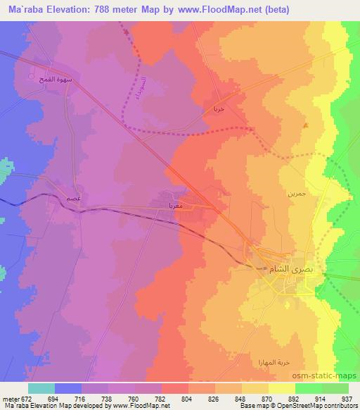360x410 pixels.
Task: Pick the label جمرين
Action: (295, 192)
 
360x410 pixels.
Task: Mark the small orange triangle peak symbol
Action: (305, 126)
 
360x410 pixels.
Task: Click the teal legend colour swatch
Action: (41, 388)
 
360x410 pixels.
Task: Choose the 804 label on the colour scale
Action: (186, 399)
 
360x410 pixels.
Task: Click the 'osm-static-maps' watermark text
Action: (330, 375)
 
